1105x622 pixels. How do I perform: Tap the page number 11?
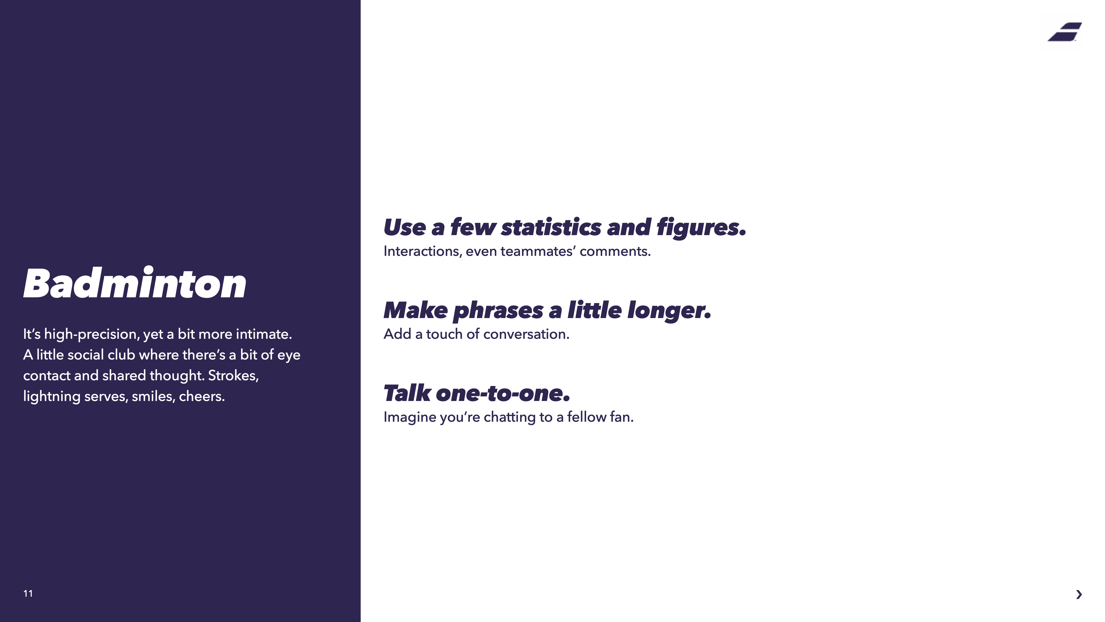click(x=28, y=593)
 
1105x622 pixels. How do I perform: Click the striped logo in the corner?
click(x=1065, y=32)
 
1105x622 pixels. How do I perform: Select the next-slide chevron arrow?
click(x=1079, y=594)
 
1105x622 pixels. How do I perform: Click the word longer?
click(x=669, y=310)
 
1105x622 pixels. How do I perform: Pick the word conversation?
click(x=526, y=334)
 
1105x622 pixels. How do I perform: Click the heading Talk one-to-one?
click(x=477, y=393)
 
